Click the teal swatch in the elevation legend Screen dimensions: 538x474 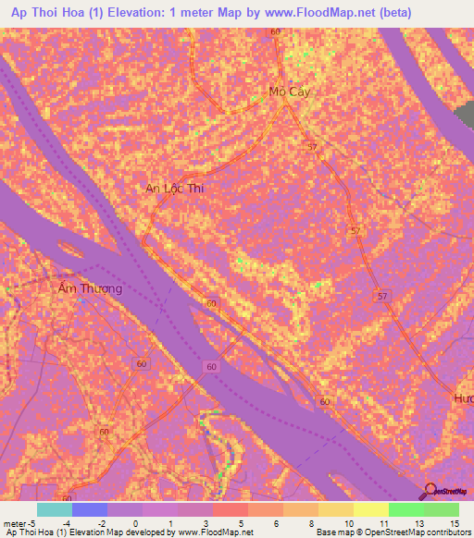55,509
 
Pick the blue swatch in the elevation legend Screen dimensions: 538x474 90,509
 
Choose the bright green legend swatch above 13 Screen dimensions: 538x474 406,509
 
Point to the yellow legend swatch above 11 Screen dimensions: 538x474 371,509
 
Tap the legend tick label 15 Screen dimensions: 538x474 455,523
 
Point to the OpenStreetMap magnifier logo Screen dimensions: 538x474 429,491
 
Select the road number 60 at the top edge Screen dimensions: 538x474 275,32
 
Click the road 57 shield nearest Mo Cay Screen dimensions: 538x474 312,148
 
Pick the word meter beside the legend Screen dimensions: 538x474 15,523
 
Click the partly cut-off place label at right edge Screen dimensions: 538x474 464,397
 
